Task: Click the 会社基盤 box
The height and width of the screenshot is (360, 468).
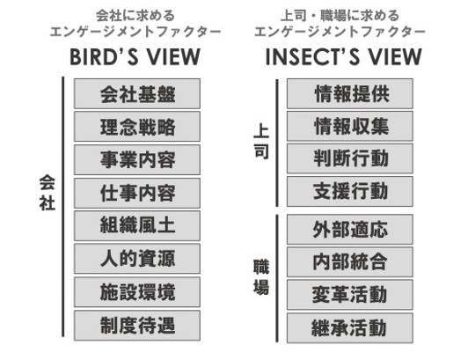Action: click(x=137, y=94)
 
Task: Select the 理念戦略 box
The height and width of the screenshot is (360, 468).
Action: click(x=137, y=127)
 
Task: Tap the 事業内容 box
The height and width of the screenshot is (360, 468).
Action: click(x=137, y=160)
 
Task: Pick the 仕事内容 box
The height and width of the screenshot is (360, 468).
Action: click(x=137, y=193)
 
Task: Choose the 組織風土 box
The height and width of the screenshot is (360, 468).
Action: click(x=137, y=226)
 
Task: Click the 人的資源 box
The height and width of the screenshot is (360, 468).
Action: click(x=137, y=259)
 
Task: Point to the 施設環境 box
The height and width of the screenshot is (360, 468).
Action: click(x=137, y=292)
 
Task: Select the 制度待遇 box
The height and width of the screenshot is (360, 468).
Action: click(x=137, y=326)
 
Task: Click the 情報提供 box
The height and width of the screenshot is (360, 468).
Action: click(x=350, y=94)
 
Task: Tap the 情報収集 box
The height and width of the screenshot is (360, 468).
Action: click(x=350, y=126)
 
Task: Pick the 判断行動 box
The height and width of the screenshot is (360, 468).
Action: click(x=350, y=158)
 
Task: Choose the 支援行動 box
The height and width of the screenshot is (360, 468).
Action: click(x=350, y=191)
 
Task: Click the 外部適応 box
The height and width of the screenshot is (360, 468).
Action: click(x=350, y=230)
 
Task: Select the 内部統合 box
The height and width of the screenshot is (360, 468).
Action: click(x=350, y=262)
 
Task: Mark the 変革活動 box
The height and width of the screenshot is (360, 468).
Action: click(x=350, y=295)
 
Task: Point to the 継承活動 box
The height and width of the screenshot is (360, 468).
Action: click(x=350, y=328)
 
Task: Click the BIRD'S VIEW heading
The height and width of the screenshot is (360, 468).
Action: click(x=135, y=56)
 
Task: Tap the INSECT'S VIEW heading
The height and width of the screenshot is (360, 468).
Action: click(x=343, y=56)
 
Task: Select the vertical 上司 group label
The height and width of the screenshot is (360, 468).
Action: click(x=261, y=143)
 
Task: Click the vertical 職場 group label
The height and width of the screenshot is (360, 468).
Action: click(x=261, y=277)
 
